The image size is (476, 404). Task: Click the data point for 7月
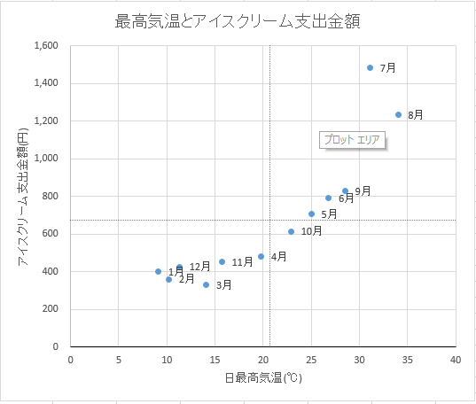tap(370, 68)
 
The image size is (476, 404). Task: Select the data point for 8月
tap(398, 114)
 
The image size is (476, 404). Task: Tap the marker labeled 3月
tap(206, 284)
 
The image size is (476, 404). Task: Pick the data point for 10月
tap(291, 231)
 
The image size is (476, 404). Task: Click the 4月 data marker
tap(261, 256)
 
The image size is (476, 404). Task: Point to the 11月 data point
tap(222, 261)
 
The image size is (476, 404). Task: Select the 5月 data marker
tap(311, 214)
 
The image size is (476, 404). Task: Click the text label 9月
tap(363, 191)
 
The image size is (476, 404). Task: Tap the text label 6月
tap(347, 198)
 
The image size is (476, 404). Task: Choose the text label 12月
tap(199, 266)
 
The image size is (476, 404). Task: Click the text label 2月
tap(186, 279)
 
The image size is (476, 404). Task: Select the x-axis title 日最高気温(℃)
tap(262, 380)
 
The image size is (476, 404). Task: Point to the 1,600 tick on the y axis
tap(45, 46)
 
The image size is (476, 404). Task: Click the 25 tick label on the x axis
tap(310, 360)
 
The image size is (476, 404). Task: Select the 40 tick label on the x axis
tap(455, 360)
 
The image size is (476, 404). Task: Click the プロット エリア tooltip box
tap(352, 140)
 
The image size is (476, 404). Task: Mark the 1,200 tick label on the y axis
tap(45, 121)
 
